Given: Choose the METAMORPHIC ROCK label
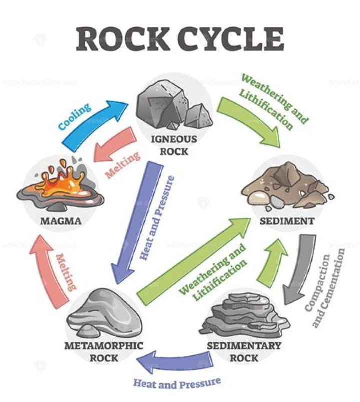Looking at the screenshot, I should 104,351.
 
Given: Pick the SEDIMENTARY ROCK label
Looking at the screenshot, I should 245,351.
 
